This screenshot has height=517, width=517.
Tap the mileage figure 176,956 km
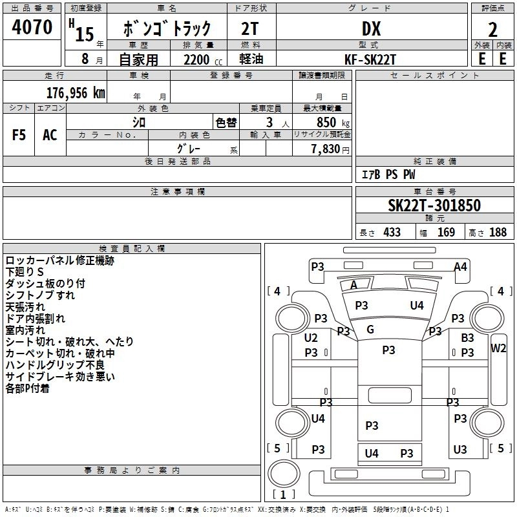coord(76,92)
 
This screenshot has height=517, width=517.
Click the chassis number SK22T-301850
coord(434,206)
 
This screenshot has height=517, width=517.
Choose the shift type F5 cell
coord(19,134)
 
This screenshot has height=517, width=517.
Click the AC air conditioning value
coord(50,134)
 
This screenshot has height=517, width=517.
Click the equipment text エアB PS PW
coord(388,174)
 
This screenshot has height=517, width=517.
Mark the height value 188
coord(498,232)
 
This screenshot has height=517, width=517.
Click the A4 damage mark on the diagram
coord(460,266)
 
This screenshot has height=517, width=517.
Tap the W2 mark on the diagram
coord(498,348)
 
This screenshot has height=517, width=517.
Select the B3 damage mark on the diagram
coord(467,337)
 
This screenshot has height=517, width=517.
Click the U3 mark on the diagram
coord(460,449)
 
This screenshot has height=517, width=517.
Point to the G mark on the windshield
coord(370,330)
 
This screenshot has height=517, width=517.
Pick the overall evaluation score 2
coord(492,29)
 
